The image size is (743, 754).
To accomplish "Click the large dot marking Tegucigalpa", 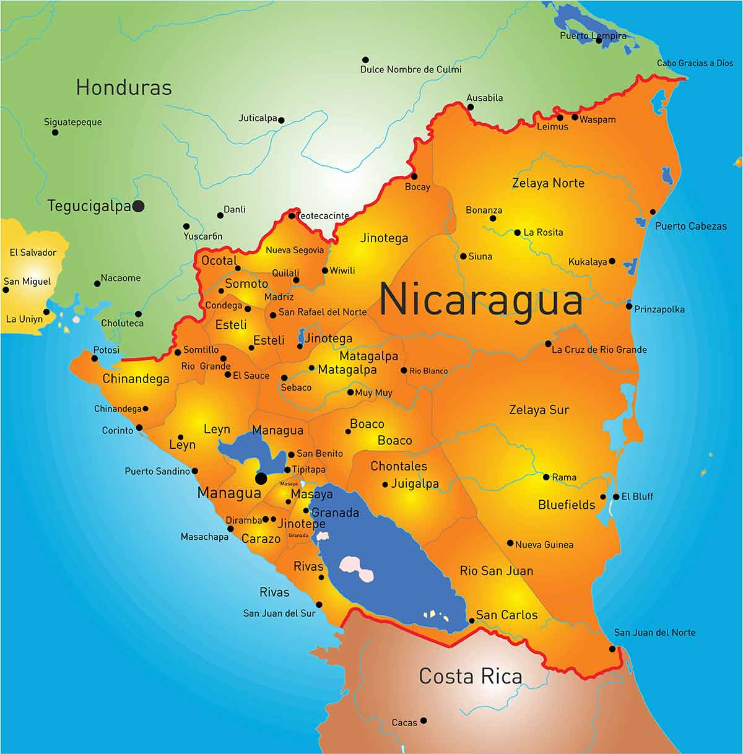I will click(139, 206).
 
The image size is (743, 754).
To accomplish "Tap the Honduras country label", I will click(124, 87).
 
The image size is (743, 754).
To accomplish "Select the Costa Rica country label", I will click(471, 675).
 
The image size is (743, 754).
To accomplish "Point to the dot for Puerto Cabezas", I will click(653, 212).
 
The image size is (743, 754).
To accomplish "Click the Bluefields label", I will click(567, 505).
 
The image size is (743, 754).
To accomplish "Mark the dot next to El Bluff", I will click(616, 496).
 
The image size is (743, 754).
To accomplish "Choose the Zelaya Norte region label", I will click(548, 183).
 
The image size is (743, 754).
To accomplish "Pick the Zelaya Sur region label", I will click(539, 409).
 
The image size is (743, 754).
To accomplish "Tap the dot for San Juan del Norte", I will click(612, 649).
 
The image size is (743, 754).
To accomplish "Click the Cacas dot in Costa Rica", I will click(424, 721).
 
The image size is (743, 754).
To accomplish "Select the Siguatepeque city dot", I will click(55, 132).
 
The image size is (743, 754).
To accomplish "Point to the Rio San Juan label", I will click(496, 571).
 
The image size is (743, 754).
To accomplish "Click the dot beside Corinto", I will click(139, 428).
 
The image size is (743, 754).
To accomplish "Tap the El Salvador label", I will click(33, 253).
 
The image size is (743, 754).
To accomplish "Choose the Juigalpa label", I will click(415, 483).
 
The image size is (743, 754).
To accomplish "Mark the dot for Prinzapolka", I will click(629, 306).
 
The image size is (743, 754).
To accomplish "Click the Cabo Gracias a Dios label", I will click(695, 63).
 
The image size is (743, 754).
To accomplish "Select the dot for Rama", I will click(546, 477).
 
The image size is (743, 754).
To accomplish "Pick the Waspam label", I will click(597, 119).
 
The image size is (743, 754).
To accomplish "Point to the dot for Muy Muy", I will click(350, 392).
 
